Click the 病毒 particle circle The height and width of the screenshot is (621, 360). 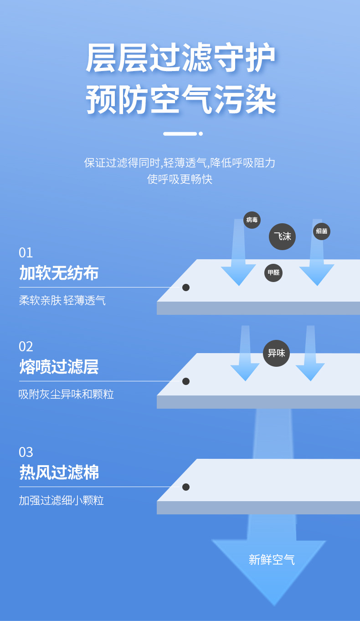(x=252, y=220)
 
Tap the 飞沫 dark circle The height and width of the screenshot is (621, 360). (x=282, y=236)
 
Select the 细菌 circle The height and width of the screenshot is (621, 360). (x=322, y=231)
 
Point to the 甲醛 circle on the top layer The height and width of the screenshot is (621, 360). (x=273, y=273)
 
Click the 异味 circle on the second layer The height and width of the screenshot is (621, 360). (x=276, y=353)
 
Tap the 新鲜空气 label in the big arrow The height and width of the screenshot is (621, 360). (x=272, y=559)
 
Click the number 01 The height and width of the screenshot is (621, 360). (x=26, y=252)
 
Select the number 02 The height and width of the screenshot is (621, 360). (x=26, y=346)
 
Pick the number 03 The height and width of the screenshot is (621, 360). (x=26, y=452)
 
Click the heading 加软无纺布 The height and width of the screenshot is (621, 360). (x=59, y=273)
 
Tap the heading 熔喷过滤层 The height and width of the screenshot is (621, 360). (x=59, y=367)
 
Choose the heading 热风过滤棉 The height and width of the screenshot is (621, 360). (x=59, y=472)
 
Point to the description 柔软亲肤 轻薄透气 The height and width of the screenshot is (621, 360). (x=62, y=301)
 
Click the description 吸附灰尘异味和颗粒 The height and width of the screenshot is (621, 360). (x=66, y=394)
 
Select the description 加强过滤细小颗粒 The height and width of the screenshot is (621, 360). (x=62, y=500)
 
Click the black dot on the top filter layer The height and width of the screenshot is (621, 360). (x=186, y=287)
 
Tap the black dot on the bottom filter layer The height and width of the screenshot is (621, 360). (x=186, y=487)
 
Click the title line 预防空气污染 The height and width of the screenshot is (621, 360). (x=181, y=100)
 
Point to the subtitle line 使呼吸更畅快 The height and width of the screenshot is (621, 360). (x=180, y=179)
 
